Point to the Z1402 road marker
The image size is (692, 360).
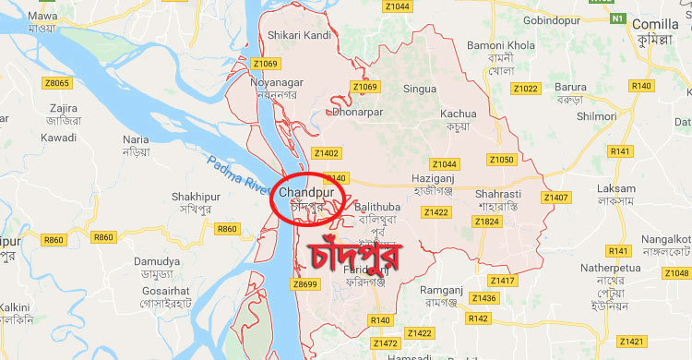326,153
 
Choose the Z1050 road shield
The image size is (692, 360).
501,160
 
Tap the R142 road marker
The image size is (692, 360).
478,318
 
